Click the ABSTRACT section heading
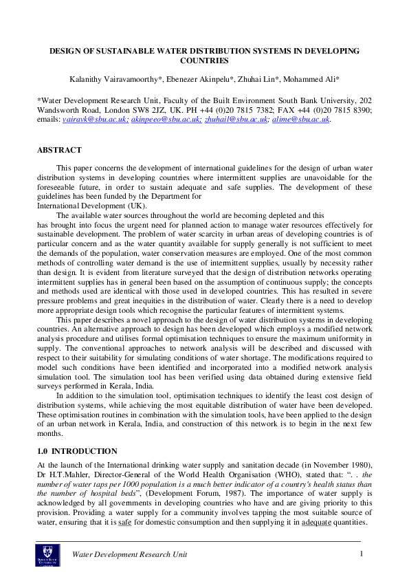tap(58, 150)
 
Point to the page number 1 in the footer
tap(361, 554)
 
